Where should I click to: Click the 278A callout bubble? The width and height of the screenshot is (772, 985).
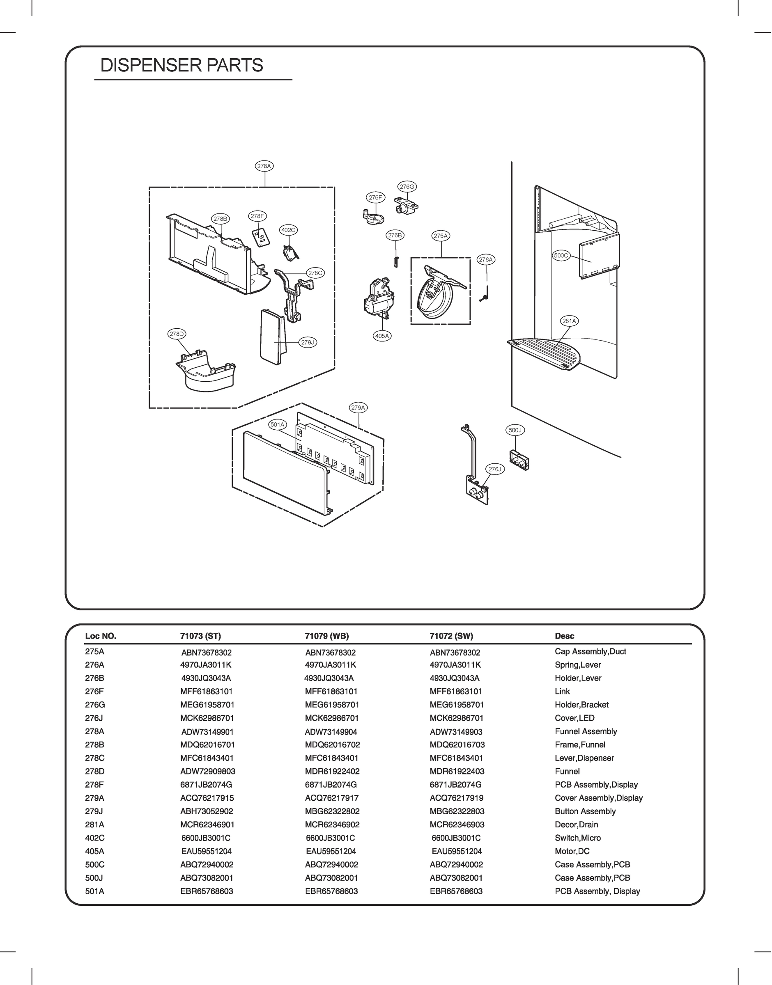pyautogui.click(x=264, y=166)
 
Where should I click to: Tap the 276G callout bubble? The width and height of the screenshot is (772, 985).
pyautogui.click(x=407, y=186)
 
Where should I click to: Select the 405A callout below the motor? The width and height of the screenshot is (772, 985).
pyautogui.click(x=382, y=336)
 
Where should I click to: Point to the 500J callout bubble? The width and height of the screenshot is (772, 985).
pyautogui.click(x=515, y=431)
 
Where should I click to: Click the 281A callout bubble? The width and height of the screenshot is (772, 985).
pyautogui.click(x=569, y=321)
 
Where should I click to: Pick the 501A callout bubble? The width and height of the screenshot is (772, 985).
pyautogui.click(x=277, y=424)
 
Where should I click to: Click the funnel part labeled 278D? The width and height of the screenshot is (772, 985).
pyautogui.click(x=206, y=370)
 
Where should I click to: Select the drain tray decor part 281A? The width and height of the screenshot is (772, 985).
pyautogui.click(x=547, y=354)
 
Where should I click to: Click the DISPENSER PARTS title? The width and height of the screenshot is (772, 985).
pyautogui.click(x=182, y=66)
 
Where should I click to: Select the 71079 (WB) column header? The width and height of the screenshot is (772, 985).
pyautogui.click(x=327, y=636)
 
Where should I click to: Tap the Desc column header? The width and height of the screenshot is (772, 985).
pyautogui.click(x=564, y=636)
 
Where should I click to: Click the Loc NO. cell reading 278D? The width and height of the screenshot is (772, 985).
pyautogui.click(x=94, y=772)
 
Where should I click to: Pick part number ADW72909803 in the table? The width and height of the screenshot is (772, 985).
pyautogui.click(x=207, y=772)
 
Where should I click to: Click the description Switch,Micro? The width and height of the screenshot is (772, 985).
pyautogui.click(x=578, y=838)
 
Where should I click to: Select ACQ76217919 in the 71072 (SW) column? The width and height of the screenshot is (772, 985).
pyautogui.click(x=456, y=798)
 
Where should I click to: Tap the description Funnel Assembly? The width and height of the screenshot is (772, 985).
pyautogui.click(x=586, y=731)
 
